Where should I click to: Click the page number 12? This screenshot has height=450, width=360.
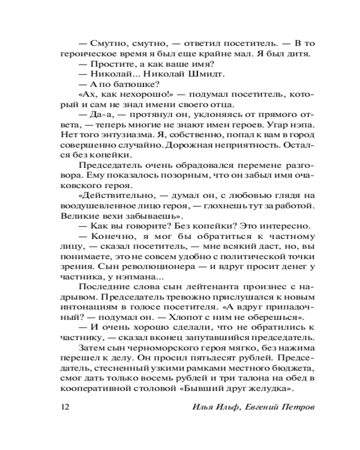[x=63, y=408]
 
